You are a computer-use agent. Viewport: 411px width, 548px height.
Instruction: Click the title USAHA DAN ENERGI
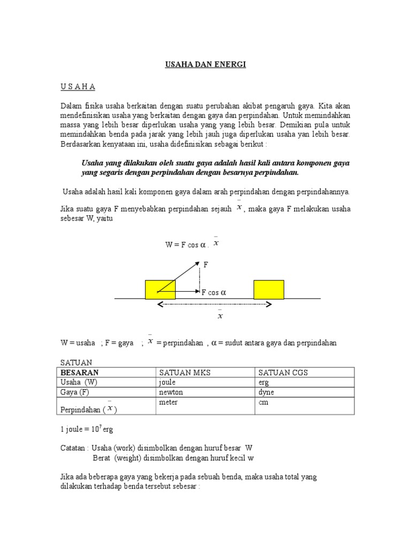click(205, 65)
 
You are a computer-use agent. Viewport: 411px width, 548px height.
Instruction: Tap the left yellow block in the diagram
click(160, 289)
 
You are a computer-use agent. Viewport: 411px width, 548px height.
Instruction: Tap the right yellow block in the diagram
click(269, 289)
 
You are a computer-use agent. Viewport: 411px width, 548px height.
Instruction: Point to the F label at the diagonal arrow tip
click(205, 264)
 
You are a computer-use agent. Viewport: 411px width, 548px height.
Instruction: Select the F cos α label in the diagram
click(214, 292)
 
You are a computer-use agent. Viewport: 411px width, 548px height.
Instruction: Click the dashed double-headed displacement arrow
click(214, 305)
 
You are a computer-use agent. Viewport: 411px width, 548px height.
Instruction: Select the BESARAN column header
click(80, 372)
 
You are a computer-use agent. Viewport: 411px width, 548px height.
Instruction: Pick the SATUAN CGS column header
click(283, 372)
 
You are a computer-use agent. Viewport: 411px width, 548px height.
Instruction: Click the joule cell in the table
click(168, 383)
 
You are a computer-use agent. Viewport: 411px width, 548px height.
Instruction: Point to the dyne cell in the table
click(266, 392)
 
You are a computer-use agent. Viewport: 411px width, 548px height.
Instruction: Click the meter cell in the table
click(168, 402)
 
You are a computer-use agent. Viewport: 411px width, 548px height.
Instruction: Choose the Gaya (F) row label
click(75, 392)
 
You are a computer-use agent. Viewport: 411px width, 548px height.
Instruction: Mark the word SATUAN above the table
click(76, 363)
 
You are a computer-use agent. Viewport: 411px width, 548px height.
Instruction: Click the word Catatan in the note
click(73, 447)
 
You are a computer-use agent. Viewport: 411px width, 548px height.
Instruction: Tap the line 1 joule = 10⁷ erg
click(86, 429)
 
